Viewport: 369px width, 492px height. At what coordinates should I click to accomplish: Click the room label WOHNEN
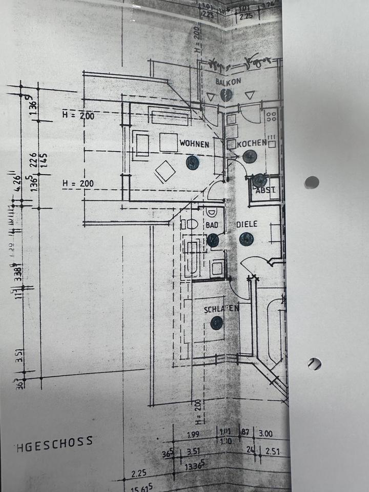click(194, 145)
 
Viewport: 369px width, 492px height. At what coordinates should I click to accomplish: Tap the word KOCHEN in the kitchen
click(252, 143)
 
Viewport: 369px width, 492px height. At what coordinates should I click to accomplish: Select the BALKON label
click(228, 82)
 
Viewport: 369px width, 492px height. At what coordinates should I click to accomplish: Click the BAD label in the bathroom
click(212, 225)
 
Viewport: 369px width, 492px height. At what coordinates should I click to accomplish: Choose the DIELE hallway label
click(246, 225)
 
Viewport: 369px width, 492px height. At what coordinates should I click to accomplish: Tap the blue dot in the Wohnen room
click(192, 163)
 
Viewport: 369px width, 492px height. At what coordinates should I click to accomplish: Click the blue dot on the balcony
click(226, 94)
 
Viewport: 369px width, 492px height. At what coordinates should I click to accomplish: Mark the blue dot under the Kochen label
click(249, 157)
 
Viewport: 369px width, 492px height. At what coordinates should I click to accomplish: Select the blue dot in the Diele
click(247, 239)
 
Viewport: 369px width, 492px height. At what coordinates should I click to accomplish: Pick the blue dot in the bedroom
click(217, 323)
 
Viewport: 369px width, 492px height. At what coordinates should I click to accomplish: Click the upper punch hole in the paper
click(312, 182)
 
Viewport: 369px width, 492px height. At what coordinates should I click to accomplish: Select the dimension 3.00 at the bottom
click(266, 434)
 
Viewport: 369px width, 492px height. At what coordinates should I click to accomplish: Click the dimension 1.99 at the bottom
click(193, 435)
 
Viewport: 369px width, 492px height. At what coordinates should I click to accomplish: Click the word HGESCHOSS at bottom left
click(54, 441)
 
